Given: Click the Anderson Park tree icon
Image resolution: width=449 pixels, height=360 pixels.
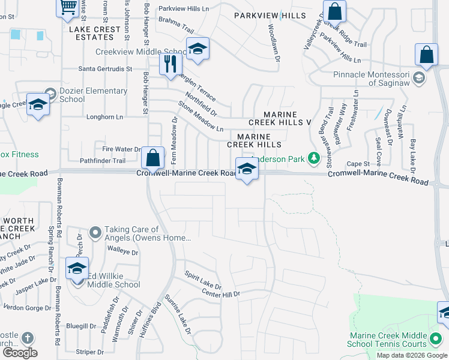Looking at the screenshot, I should (313, 159).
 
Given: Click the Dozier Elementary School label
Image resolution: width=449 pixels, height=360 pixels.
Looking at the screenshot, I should (93, 95).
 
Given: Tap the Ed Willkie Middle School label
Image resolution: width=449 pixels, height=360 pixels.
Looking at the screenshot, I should (115, 280).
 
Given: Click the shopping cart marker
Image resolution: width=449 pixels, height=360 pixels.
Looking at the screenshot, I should (68, 7).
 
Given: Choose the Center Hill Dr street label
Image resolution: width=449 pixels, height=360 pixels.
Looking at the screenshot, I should (220, 294).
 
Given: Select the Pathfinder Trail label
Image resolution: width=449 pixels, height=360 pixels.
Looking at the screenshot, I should (102, 161).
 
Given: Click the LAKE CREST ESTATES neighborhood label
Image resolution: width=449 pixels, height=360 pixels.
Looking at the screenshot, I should (91, 33).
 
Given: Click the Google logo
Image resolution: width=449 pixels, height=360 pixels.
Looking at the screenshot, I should (20, 353).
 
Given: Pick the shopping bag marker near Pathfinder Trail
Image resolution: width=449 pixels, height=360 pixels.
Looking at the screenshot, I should (153, 158).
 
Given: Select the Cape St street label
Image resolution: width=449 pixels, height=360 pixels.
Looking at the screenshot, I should (358, 163).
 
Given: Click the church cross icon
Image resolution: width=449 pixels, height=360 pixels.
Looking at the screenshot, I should (27, 338).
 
